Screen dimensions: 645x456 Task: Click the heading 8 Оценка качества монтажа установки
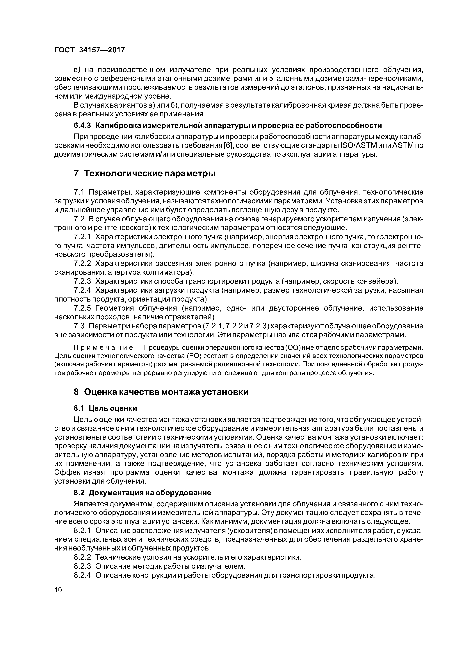click(x=161, y=392)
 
